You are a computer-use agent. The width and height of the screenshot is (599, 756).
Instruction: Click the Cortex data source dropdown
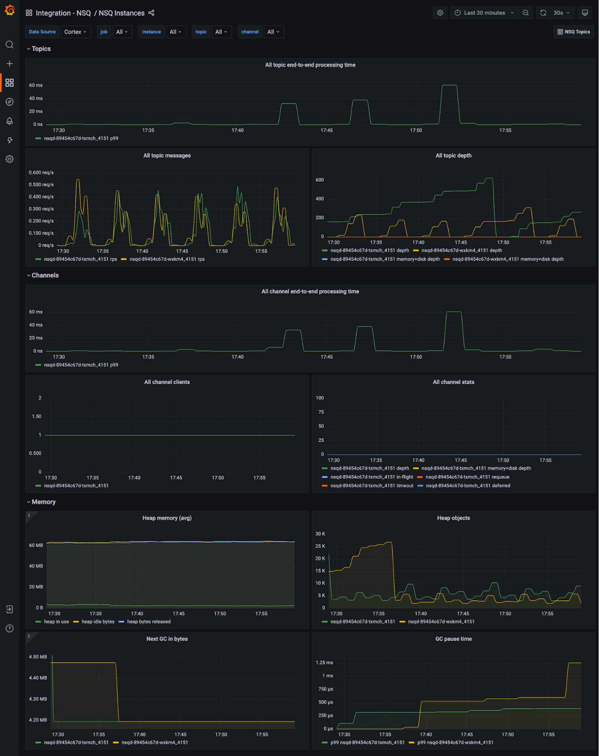pos(75,32)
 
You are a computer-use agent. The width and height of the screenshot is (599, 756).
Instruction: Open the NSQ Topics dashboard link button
pos(573,32)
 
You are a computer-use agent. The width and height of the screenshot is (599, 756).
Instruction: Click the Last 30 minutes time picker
pos(484,13)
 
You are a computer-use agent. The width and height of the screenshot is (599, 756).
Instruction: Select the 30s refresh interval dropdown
pos(561,13)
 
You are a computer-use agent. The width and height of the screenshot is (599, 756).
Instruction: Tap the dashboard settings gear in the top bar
pos(440,13)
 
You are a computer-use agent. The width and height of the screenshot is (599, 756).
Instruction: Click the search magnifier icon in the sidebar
pos(10,45)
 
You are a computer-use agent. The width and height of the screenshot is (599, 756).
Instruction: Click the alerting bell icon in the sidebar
pos(10,121)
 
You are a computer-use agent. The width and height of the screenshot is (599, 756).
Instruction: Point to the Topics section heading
pos(41,49)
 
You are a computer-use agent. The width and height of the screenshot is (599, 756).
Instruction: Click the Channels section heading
pos(45,276)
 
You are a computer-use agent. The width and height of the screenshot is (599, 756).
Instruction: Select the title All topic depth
pos(453,156)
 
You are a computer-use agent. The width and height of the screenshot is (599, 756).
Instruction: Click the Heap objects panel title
pos(453,518)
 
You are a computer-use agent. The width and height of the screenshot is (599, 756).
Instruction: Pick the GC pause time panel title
pos(453,639)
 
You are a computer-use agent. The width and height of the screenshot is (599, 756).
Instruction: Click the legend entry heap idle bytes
pos(98,622)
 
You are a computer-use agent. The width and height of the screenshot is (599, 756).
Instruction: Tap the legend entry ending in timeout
pos(371,486)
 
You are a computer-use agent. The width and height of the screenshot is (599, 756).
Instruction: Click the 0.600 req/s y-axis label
pos(41,173)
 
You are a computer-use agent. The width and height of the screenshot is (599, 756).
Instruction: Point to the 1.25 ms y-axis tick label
pos(324,663)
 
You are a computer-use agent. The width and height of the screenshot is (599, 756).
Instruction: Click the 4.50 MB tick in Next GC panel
pos(38,657)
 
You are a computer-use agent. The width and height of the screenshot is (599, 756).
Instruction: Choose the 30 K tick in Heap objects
pos(320,534)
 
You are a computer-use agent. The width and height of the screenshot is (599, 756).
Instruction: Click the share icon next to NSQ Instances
pos(151,13)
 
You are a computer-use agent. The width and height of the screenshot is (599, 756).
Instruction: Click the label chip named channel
pos(250,32)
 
